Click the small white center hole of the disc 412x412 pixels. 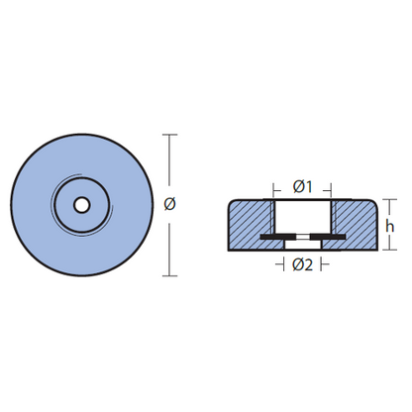pyautogui.click(x=81, y=205)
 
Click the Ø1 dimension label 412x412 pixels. pyautogui.click(x=302, y=187)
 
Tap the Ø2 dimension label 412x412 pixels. pyautogui.click(x=302, y=264)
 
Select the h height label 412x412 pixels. pyautogui.click(x=390, y=226)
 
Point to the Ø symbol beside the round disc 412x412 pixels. pyautogui.click(x=169, y=204)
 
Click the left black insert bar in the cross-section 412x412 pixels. pyautogui.click(x=277, y=237)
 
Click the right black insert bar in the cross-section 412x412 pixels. pyautogui.click(x=328, y=237)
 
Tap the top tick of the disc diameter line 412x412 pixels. pyautogui.click(x=170, y=135)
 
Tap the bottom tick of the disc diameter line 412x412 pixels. pyautogui.click(x=170, y=275)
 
